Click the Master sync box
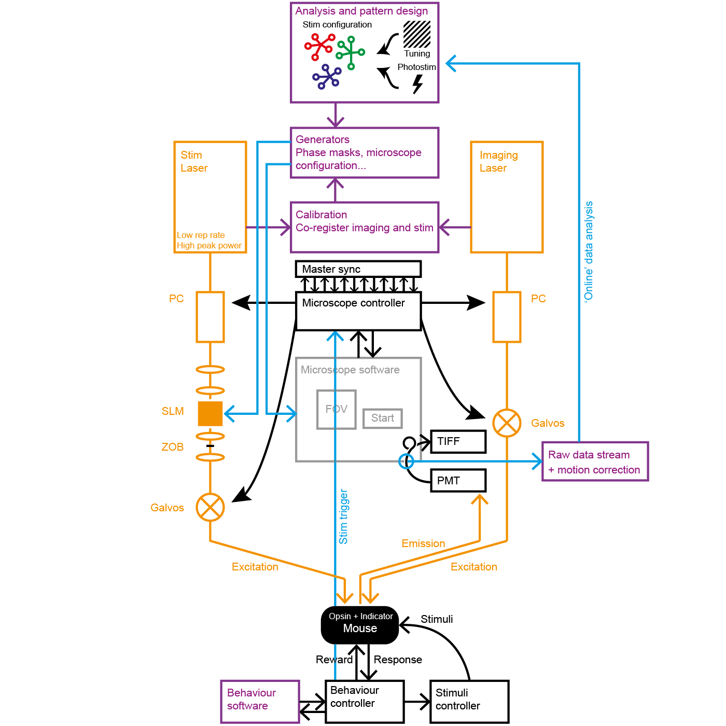[x=358, y=269]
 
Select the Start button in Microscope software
[x=383, y=418]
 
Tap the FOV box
[x=336, y=409]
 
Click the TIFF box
[x=458, y=441]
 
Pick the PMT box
[x=458, y=481]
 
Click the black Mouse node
[x=360, y=624]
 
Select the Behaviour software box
[x=260, y=701]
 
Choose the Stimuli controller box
[x=469, y=701]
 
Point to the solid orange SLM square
[x=210, y=413]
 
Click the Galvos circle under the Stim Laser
[x=210, y=507]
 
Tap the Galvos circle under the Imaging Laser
[x=507, y=423]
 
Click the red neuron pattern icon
[x=319, y=46]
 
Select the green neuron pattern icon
[x=350, y=52]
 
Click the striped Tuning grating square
[x=417, y=34]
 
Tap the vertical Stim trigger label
[x=343, y=516]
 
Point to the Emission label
[x=423, y=543]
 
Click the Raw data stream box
[x=595, y=462]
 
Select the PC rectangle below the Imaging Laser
[x=507, y=317]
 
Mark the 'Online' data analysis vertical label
[x=589, y=252]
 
